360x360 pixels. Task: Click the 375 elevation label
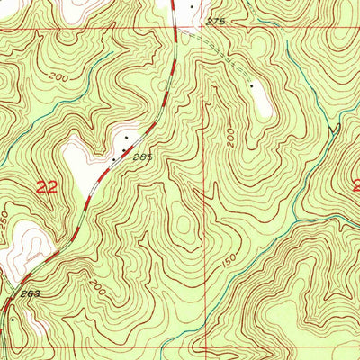pos(213,20)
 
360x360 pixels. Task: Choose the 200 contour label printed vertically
pos(230,137)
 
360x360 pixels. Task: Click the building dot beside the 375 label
pos(191,6)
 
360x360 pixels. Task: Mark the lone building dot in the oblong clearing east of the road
pos(252,85)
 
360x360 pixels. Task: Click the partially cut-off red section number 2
pos(356,186)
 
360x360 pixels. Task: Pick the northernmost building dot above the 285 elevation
pos(127,137)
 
